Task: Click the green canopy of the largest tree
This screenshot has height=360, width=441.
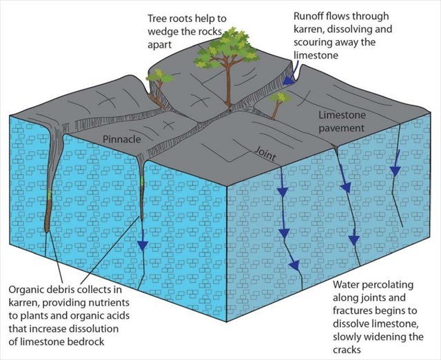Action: [x=225, y=52]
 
